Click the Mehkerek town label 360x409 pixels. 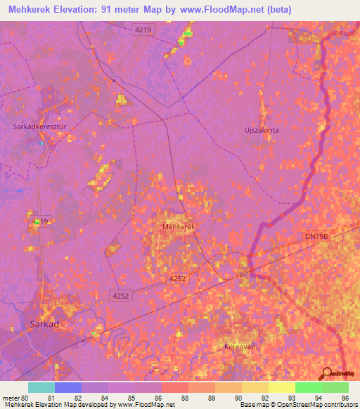[177, 227]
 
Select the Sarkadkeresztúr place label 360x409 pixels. [39, 126]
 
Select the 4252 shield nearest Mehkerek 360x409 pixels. [176, 279]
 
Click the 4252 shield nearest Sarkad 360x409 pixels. [120, 296]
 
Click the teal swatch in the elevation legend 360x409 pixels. [41, 387]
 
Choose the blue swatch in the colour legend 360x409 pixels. [68, 387]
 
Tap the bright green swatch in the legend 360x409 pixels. [308, 387]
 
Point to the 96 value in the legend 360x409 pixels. [345, 397]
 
